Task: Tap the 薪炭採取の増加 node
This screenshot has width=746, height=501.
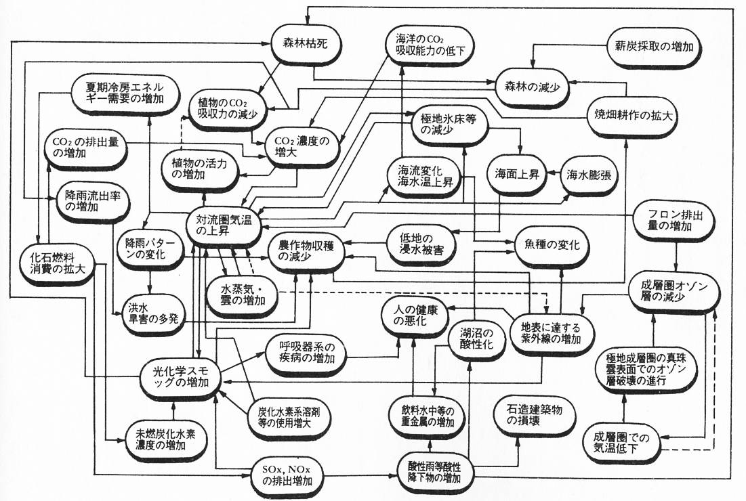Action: pos(654,47)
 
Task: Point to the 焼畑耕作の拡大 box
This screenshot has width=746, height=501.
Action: pos(634,116)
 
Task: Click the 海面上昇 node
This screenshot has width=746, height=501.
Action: pos(517,175)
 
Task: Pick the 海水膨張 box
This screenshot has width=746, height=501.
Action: pos(589,175)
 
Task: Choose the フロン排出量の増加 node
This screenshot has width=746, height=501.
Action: pos(675,221)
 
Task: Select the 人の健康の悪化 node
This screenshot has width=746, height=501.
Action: pos(416,315)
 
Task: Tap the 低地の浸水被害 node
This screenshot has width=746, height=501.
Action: pos(421,244)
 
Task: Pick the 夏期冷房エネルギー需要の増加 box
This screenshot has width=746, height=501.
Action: pos(125,93)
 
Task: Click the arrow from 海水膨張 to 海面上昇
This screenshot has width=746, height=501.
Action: pos(554,175)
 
